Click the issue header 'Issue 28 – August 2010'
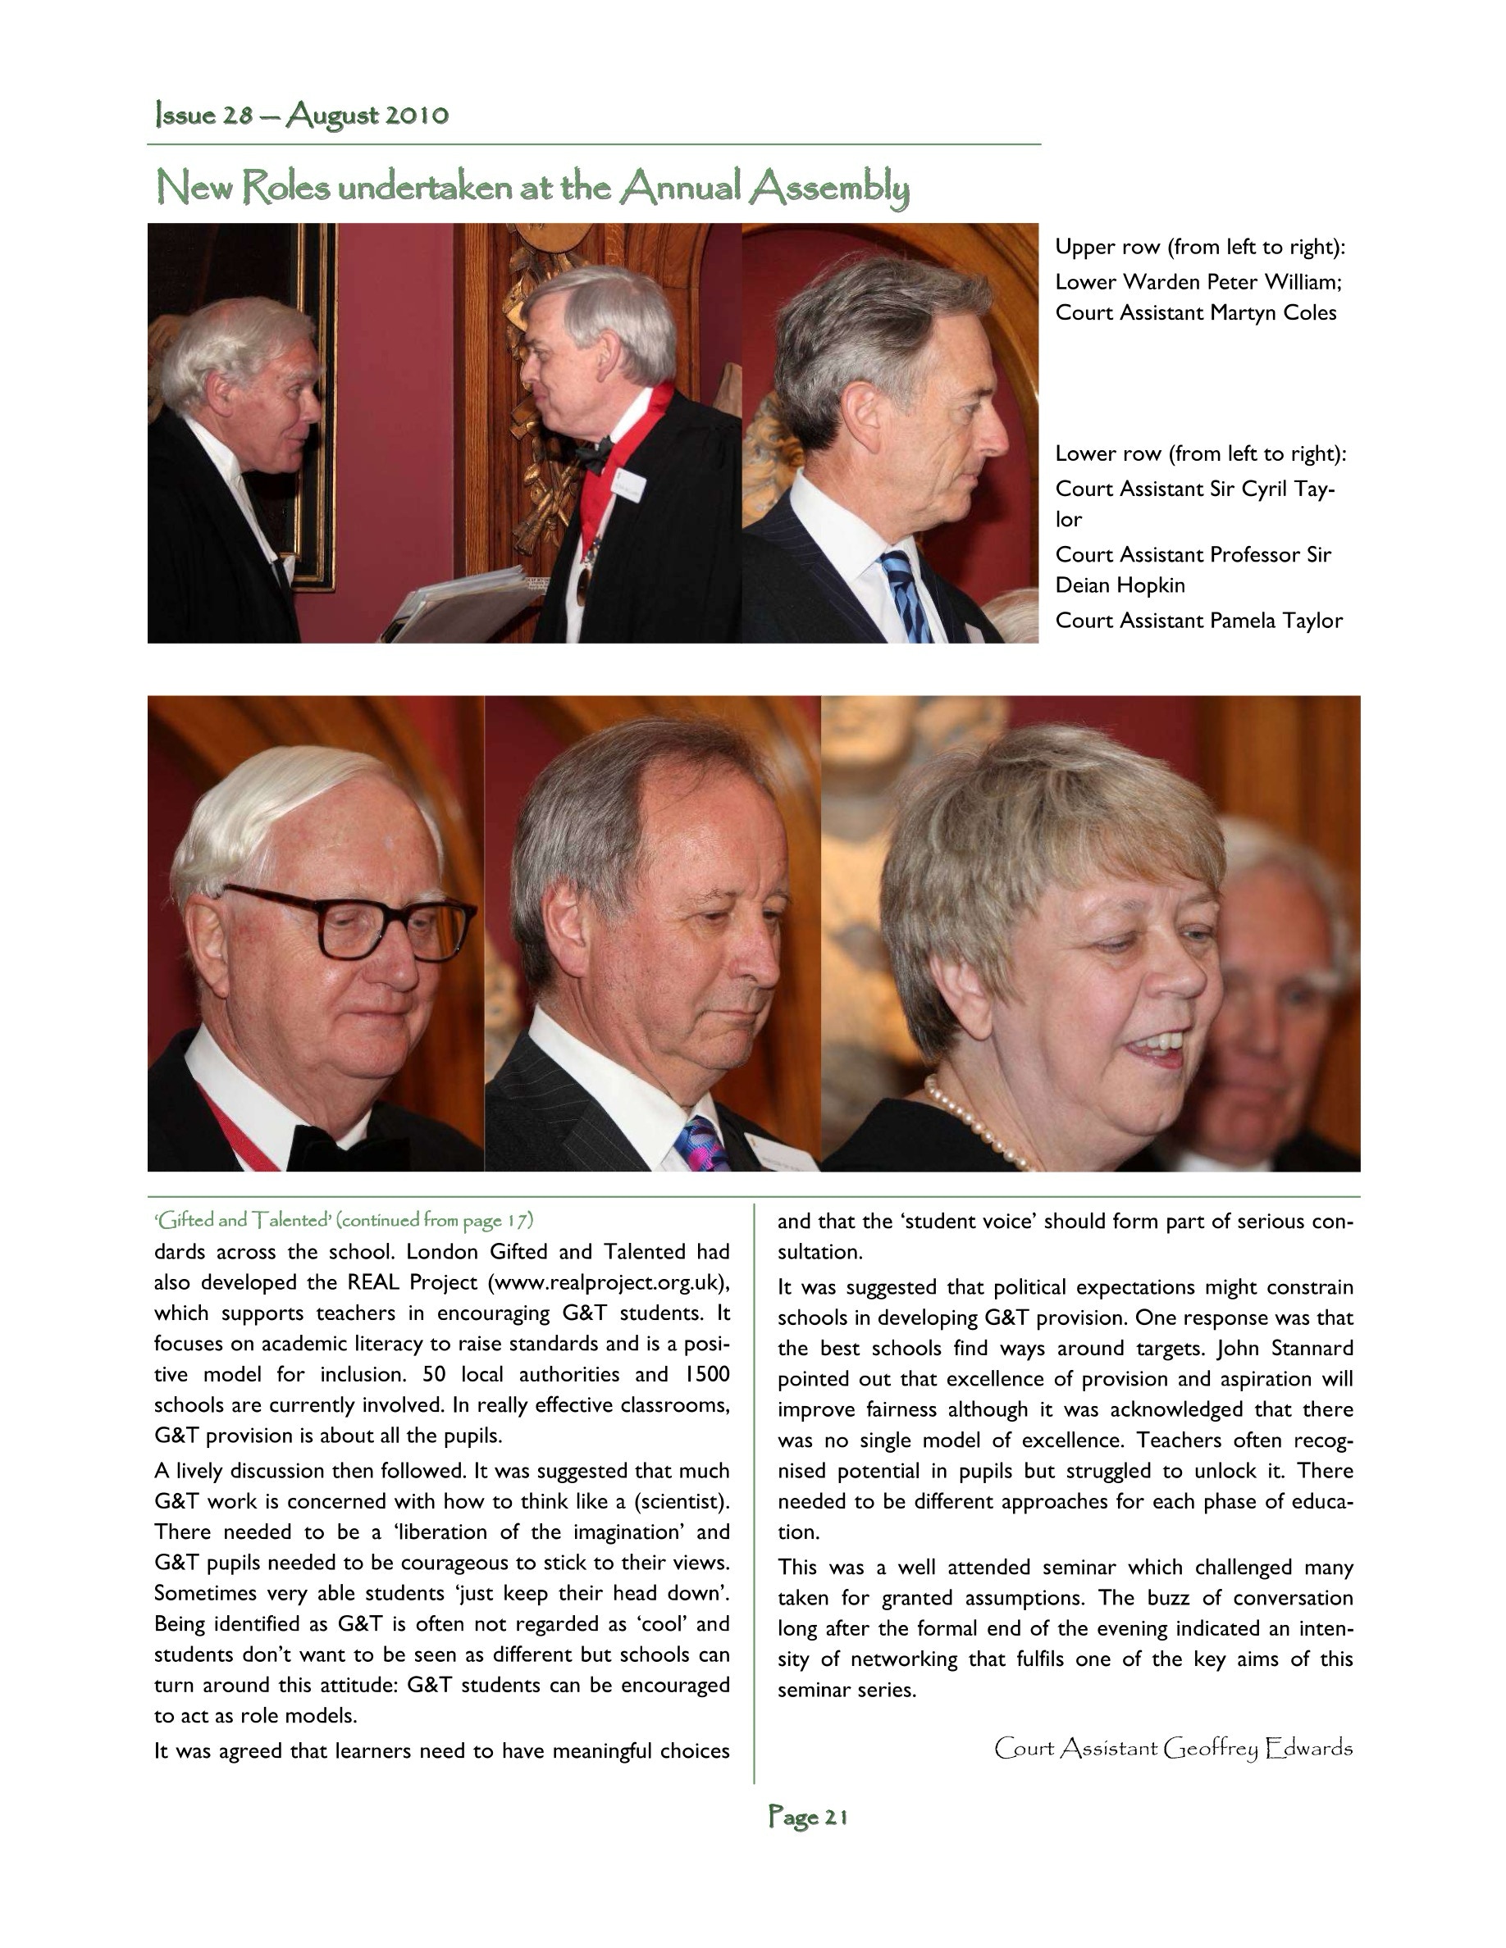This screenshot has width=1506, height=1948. (302, 116)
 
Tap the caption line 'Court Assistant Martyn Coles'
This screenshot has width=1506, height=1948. (1195, 313)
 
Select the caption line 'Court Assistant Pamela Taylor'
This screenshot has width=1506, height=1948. (1198, 621)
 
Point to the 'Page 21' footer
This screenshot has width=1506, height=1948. (807, 1817)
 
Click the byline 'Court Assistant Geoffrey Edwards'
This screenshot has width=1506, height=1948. (1173, 1748)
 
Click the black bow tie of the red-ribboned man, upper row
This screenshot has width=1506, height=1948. (593, 455)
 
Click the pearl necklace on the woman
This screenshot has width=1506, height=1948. (977, 1126)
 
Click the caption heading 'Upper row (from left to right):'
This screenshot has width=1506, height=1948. (1200, 247)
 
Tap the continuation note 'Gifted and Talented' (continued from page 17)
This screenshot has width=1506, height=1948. (344, 1220)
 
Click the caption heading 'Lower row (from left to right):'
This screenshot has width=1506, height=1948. (1200, 454)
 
